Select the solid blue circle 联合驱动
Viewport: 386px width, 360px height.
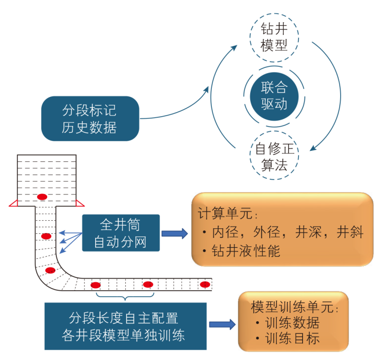pyautogui.click(x=274, y=96)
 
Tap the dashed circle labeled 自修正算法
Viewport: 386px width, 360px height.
pyautogui.click(x=274, y=156)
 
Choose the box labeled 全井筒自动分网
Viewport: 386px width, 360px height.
pyautogui.click(x=121, y=233)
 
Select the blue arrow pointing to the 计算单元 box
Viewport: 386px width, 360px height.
pyautogui.click(x=175, y=233)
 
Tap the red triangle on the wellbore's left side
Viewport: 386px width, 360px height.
pyautogui.click(x=14, y=203)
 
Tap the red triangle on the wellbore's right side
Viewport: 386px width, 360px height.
pyautogui.click(x=80, y=203)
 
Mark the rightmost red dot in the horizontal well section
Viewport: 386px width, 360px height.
pyautogui.click(x=204, y=285)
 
